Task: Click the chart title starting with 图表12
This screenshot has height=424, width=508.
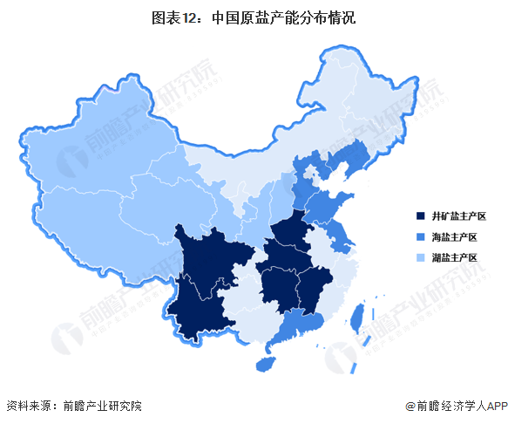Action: pyautogui.click(x=254, y=16)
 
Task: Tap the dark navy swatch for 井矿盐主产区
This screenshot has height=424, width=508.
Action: pyautogui.click(x=421, y=216)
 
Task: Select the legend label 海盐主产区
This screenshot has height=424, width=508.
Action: pyautogui.click(x=455, y=237)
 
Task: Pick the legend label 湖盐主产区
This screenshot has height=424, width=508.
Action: pyautogui.click(x=455, y=258)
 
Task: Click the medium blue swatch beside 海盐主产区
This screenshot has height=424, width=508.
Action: pyautogui.click(x=421, y=237)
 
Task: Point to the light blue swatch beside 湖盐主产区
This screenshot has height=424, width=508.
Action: pyautogui.click(x=421, y=258)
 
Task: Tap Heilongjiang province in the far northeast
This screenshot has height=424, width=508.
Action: pyautogui.click(x=375, y=96)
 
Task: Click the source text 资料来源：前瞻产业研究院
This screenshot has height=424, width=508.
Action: pyautogui.click(x=73, y=406)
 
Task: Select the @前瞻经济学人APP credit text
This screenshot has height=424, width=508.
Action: pyautogui.click(x=454, y=406)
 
